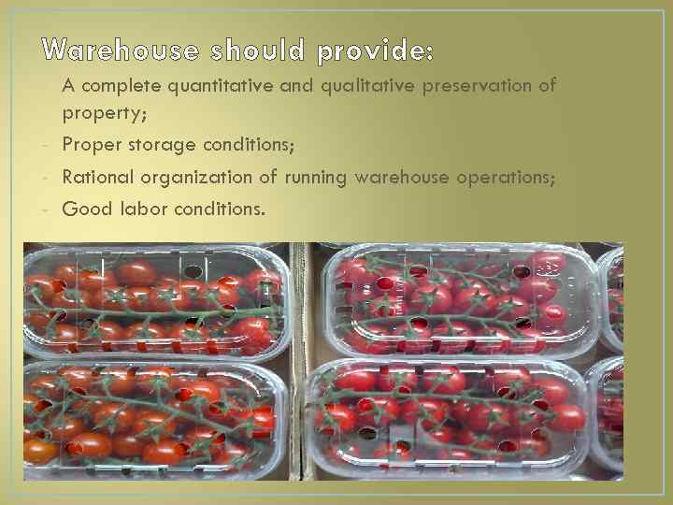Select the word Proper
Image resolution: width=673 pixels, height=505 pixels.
[89, 146]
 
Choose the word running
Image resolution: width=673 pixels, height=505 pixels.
[314, 178]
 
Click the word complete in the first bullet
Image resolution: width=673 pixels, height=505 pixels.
[122, 86]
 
